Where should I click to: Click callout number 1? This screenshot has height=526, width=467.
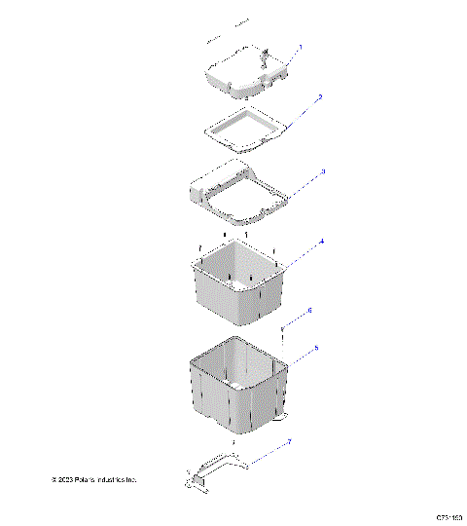[301, 47]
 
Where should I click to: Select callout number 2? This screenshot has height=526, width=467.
[319, 97]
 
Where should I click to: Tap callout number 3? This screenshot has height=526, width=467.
[322, 171]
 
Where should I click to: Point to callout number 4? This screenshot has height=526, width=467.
[322, 241]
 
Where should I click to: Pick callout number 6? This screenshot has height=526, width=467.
[309, 311]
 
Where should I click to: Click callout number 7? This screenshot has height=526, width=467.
[288, 443]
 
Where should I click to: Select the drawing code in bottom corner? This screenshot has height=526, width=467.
[449, 515]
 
